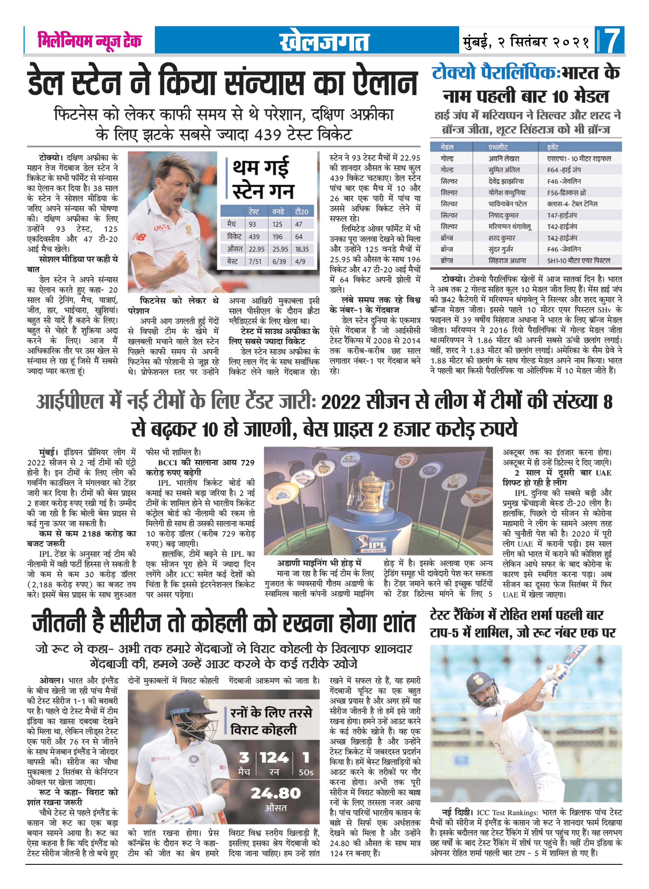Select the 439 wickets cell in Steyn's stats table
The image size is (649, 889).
pos(254,237)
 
